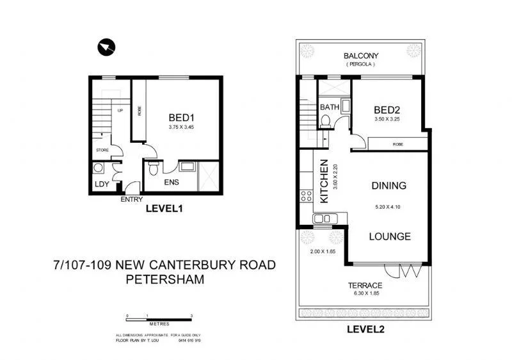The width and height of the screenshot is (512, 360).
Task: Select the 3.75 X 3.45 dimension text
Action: coord(181,127)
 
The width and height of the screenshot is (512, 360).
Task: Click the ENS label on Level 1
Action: coord(172,183)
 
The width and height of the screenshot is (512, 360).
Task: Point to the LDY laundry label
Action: coord(101,184)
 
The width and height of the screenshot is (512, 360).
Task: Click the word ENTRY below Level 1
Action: coord(132,199)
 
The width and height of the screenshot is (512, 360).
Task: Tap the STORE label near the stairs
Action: coord(102,150)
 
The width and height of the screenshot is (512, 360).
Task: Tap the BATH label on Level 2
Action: coord(330,107)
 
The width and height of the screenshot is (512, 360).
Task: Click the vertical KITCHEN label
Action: coord(324,181)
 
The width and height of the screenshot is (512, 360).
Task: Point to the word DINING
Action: coord(389,186)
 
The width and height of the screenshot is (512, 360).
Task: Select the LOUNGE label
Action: coord(390,236)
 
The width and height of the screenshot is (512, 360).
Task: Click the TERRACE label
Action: coord(365,286)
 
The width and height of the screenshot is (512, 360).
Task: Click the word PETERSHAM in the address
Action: coord(166,279)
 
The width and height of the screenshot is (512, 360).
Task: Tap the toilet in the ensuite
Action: coord(153,169)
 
